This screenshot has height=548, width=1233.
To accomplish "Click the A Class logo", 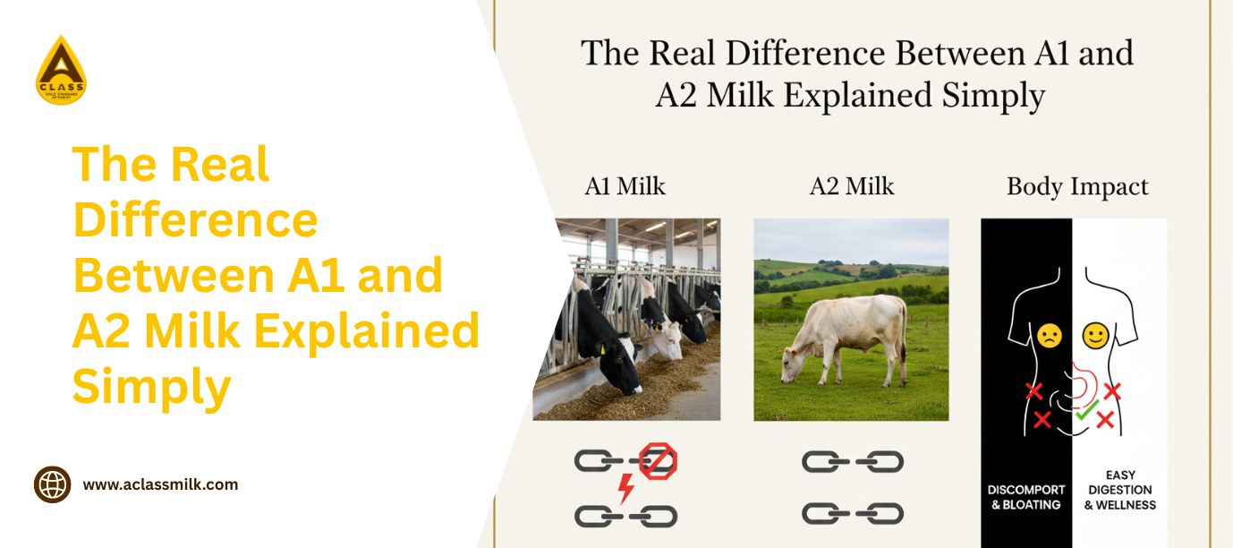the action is [61, 71].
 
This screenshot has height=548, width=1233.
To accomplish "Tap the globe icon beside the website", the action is [52, 484].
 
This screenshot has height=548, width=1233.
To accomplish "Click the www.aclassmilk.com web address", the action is [160, 484].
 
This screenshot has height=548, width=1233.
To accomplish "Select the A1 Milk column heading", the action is [625, 186].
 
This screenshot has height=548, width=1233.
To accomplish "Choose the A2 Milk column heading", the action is [852, 186].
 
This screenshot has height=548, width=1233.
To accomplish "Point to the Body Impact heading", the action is [1077, 187].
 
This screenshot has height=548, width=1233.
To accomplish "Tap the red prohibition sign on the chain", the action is [658, 461].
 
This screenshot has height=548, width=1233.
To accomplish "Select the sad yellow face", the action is [1050, 336].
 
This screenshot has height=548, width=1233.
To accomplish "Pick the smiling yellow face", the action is [1095, 336].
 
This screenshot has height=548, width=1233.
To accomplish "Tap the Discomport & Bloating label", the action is [1026, 497].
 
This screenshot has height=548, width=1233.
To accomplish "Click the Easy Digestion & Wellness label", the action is [1120, 490].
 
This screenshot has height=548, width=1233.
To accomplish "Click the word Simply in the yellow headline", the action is [151, 388].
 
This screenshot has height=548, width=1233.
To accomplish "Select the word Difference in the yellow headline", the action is [195, 219].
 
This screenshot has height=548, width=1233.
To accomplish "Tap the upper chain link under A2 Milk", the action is [852, 461].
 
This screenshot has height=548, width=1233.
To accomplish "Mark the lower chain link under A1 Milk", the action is [625, 516].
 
